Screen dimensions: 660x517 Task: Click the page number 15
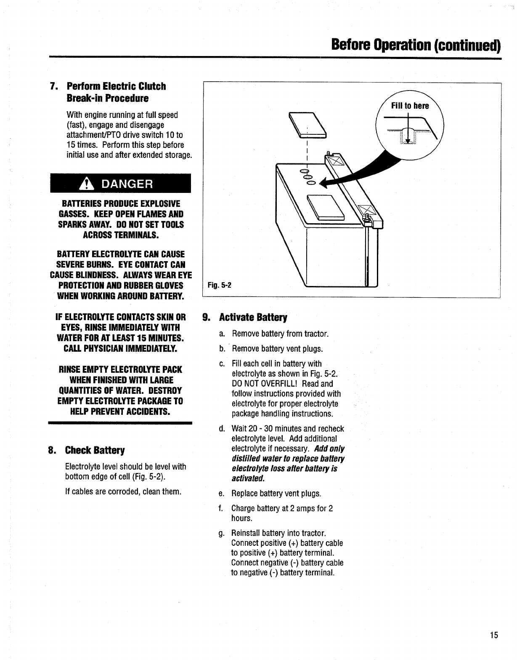click(x=493, y=635)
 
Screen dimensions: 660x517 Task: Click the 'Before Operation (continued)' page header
click(x=416, y=44)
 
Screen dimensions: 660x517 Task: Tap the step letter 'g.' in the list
click(x=222, y=534)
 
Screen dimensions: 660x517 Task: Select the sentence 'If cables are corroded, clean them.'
click(x=123, y=492)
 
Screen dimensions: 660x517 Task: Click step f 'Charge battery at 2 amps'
click(x=282, y=508)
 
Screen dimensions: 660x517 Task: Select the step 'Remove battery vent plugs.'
click(x=277, y=349)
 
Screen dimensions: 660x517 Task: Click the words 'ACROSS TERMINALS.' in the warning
click(x=121, y=235)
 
